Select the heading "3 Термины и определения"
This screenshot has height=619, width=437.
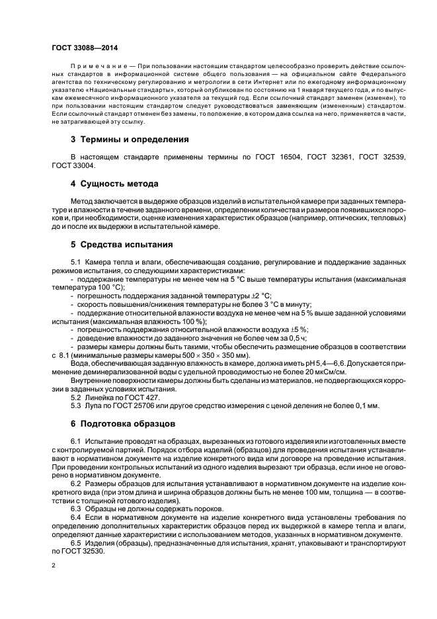click(130, 140)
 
